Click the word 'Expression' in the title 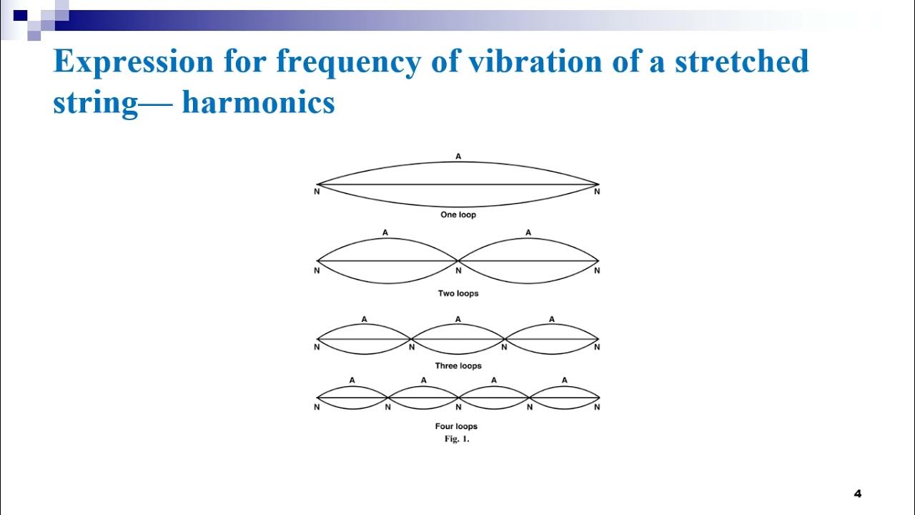point(133,63)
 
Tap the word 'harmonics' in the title point(258,102)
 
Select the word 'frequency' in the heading point(348,63)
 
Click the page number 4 point(858,494)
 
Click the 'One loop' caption point(457,215)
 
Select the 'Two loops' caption point(457,293)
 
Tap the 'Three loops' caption point(457,366)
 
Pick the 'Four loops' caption point(456,426)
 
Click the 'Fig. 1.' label point(456,439)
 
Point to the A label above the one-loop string point(457,156)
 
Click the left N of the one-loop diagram point(317,192)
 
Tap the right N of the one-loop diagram point(597,192)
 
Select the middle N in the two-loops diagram point(458,271)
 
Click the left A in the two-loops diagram point(385,232)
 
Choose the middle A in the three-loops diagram point(457,319)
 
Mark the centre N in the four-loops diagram point(458,408)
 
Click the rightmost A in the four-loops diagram point(564,381)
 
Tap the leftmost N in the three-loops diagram point(317,348)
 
